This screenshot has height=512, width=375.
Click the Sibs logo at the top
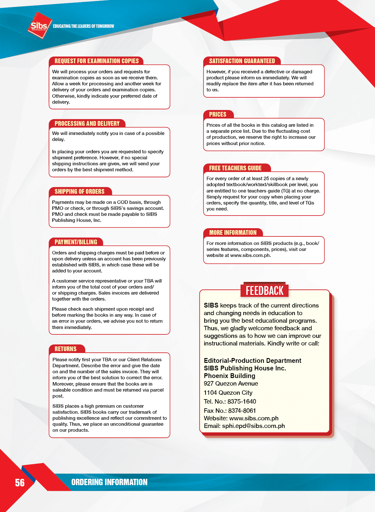click(x=39, y=26)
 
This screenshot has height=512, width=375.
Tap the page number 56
click(x=20, y=483)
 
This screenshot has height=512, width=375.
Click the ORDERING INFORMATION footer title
click(x=109, y=482)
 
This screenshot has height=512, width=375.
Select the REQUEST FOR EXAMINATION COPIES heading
click(x=97, y=61)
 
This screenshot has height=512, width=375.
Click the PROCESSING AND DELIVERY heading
click(x=87, y=124)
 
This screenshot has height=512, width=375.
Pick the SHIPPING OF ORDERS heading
click(x=80, y=192)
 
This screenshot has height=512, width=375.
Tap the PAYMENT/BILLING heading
click(x=76, y=242)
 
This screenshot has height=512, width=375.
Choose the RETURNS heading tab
click(x=66, y=349)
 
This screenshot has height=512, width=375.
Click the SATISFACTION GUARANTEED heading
click(x=242, y=61)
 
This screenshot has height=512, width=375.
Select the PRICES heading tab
click(x=218, y=114)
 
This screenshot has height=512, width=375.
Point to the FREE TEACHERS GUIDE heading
click(x=235, y=168)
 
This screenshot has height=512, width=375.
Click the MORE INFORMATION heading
click(x=233, y=233)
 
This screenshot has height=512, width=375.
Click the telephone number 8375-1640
click(x=242, y=401)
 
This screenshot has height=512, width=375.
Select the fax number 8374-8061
click(x=242, y=411)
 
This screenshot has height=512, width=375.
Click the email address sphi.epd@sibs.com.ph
click(x=253, y=426)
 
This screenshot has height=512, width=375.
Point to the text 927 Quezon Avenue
click(x=231, y=383)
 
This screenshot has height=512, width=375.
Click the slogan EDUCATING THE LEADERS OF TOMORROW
click(x=83, y=26)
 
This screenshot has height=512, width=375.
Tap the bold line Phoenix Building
click(x=229, y=376)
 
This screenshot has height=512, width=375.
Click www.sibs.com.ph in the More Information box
click(x=250, y=255)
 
